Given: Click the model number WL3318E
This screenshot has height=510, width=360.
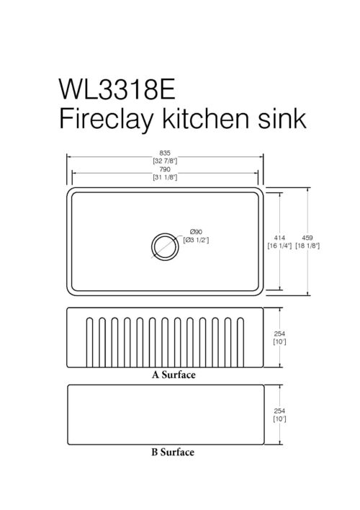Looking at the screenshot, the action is point(117,89).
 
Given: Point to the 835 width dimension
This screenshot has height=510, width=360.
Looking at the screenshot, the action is point(165,153).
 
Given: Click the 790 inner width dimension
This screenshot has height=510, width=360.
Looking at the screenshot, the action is point(165,169).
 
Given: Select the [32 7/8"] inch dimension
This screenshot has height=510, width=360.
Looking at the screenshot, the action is point(165,161).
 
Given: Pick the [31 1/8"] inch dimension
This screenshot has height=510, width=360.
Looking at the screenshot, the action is point(165,177).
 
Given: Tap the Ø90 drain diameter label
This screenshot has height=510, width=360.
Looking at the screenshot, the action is point(196,232).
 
